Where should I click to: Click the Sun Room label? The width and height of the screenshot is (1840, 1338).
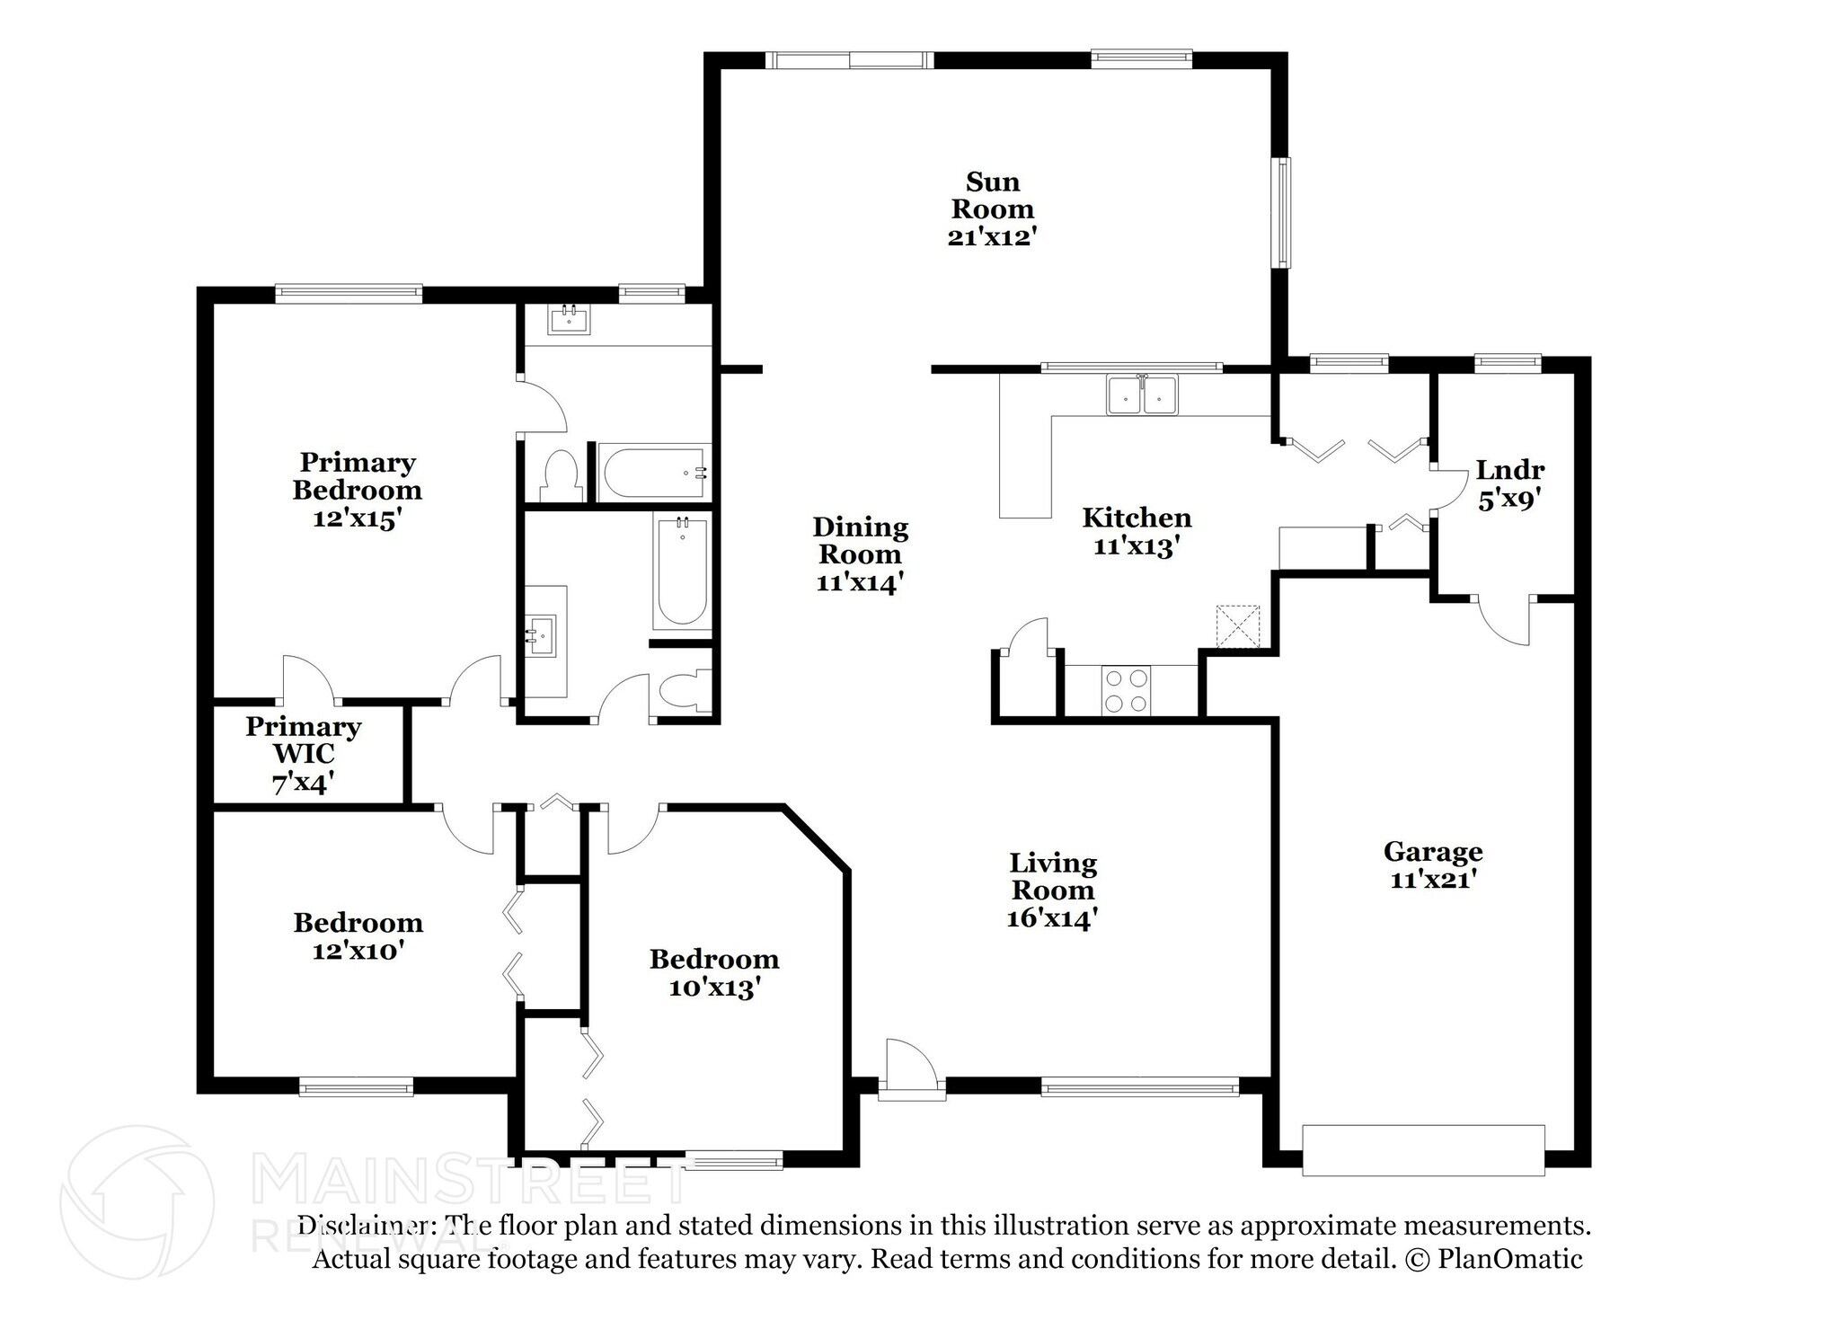[992, 195]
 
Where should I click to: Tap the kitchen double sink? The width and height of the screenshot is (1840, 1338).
[1142, 394]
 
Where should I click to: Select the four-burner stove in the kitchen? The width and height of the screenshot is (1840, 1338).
[1127, 691]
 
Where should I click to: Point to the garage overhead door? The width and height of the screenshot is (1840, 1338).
[1423, 1149]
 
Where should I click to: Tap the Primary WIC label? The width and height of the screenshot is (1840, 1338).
[304, 740]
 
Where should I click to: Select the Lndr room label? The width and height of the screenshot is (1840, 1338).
[1509, 470]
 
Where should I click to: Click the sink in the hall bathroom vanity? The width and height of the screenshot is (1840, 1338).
[542, 634]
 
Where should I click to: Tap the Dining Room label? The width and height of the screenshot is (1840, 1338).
[860, 540]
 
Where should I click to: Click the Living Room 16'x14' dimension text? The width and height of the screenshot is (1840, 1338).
[1052, 918]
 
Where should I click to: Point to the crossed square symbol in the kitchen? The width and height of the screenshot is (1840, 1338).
[1237, 626]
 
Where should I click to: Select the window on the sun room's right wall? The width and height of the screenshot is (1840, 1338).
[1284, 212]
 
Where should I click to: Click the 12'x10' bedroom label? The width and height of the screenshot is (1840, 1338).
[357, 951]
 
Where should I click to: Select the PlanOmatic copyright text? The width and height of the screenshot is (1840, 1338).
[1492, 1259]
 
